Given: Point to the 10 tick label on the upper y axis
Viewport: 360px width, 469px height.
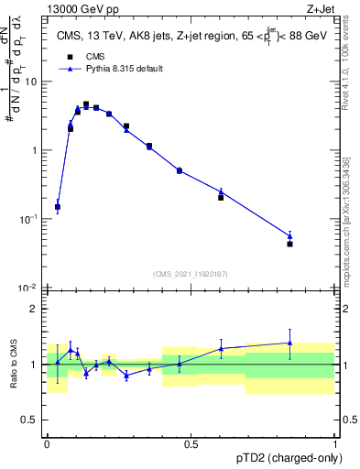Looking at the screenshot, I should point(30,82).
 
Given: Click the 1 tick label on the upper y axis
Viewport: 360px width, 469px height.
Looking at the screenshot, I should point(33,150).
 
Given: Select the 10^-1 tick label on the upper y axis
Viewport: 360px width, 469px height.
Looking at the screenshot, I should point(28,219).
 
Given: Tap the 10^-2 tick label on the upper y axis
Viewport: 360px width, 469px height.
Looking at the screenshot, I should point(28,288).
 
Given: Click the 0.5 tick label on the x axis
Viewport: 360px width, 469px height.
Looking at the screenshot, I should point(191,444).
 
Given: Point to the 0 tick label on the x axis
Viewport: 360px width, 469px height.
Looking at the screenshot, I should point(47,444).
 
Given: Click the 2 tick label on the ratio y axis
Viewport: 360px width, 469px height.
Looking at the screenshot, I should point(33,309).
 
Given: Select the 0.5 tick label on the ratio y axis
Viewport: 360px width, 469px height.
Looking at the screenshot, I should point(29,420).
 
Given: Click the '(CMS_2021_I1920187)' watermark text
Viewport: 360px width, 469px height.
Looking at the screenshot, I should point(190,273).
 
